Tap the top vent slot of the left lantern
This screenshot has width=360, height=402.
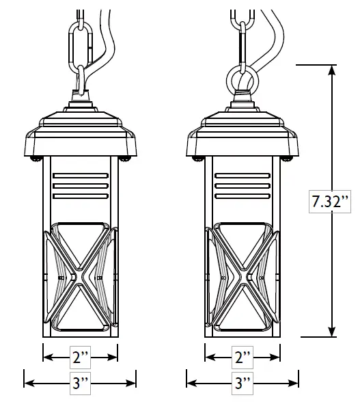pos(81,175)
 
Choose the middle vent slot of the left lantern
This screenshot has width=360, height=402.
pos(81,185)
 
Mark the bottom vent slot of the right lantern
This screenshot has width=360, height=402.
pos(243,196)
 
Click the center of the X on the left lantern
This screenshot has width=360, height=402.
pos(81,278)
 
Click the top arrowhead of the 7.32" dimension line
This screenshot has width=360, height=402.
pos(333,69)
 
